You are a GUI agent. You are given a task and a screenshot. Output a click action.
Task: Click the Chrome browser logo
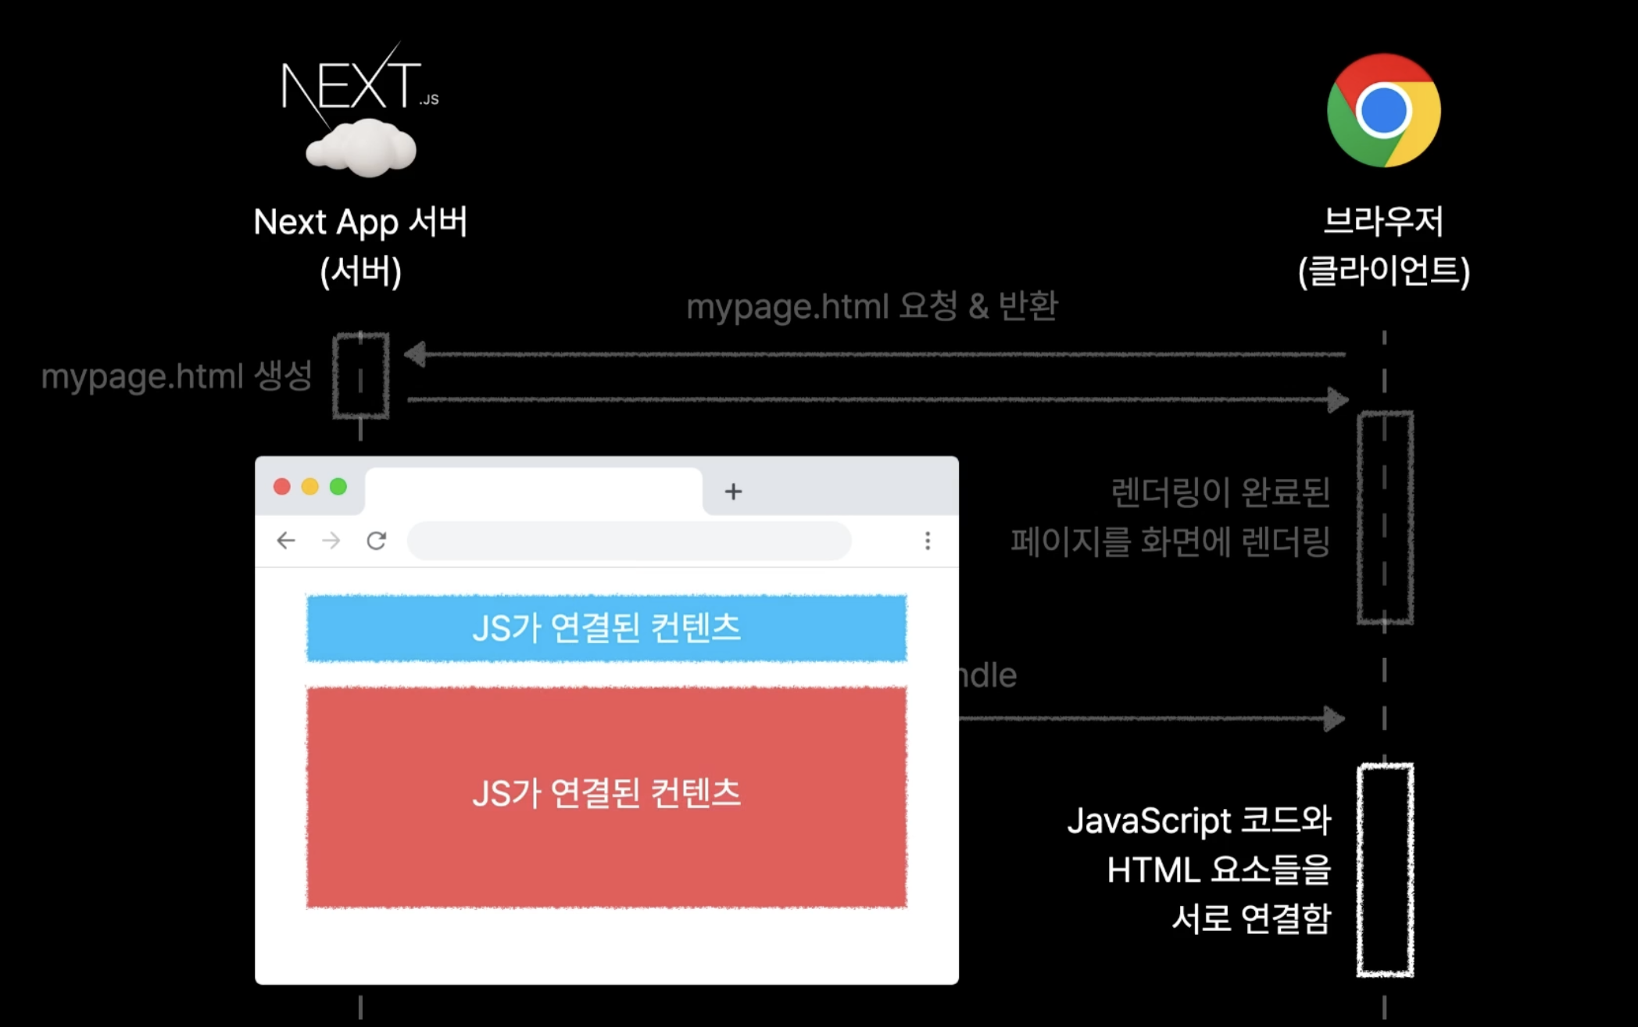1383,110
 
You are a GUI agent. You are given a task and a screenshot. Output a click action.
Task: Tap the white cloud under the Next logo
361,149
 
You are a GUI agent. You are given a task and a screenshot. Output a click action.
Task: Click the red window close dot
282,487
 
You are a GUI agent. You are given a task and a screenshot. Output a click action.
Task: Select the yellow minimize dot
310,487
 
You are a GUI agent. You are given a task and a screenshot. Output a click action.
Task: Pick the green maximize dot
338,487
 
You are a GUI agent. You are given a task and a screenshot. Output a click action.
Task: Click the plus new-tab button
733,492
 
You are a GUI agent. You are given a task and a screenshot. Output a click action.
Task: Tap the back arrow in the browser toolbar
286,540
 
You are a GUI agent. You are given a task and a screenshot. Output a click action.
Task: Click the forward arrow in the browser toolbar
331,540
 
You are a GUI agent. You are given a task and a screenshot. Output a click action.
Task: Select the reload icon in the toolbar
377,540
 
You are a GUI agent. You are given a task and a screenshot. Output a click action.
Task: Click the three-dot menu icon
928,541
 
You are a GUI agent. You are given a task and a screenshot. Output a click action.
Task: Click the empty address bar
629,541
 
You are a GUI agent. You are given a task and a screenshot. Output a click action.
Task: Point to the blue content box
606,628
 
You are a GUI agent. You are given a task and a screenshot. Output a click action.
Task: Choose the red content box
606,796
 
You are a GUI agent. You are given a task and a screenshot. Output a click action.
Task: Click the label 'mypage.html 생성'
177,376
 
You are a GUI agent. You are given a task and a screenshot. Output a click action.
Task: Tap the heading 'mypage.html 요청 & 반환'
872,306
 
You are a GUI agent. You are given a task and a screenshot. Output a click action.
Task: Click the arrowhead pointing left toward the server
415,354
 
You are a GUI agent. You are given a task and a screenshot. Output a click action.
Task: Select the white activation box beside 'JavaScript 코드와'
1385,870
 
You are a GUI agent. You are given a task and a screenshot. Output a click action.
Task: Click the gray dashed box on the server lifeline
361,376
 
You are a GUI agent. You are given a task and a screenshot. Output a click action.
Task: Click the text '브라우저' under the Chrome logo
1383,221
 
